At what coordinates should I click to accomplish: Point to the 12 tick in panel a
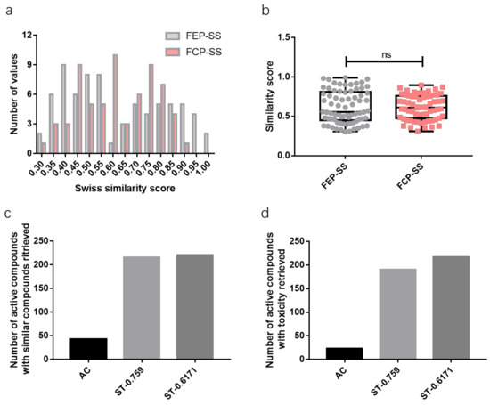pos(29,36)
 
